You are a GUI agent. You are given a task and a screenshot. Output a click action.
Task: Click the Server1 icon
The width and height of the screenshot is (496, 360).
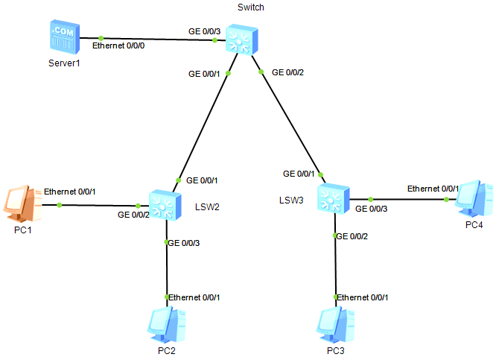coord(64,38)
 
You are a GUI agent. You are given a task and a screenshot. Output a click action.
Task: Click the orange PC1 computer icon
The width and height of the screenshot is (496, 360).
coord(19,203)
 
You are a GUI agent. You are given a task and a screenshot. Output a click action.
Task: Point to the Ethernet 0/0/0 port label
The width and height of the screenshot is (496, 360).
coord(123,46)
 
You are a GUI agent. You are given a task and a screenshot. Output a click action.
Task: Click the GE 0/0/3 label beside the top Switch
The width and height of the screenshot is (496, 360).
coord(204,33)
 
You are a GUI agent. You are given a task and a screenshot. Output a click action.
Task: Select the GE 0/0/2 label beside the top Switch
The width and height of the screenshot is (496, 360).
coord(290,72)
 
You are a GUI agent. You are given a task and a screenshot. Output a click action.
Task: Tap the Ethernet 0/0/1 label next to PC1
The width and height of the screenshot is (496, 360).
coord(69,192)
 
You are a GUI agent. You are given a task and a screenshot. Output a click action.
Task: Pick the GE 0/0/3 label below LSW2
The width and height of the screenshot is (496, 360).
coord(184,242)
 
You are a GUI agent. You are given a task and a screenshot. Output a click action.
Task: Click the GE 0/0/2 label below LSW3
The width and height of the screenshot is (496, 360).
coord(353,236)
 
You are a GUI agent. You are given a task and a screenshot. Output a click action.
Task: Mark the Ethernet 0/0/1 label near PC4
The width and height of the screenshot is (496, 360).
coord(433,189)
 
